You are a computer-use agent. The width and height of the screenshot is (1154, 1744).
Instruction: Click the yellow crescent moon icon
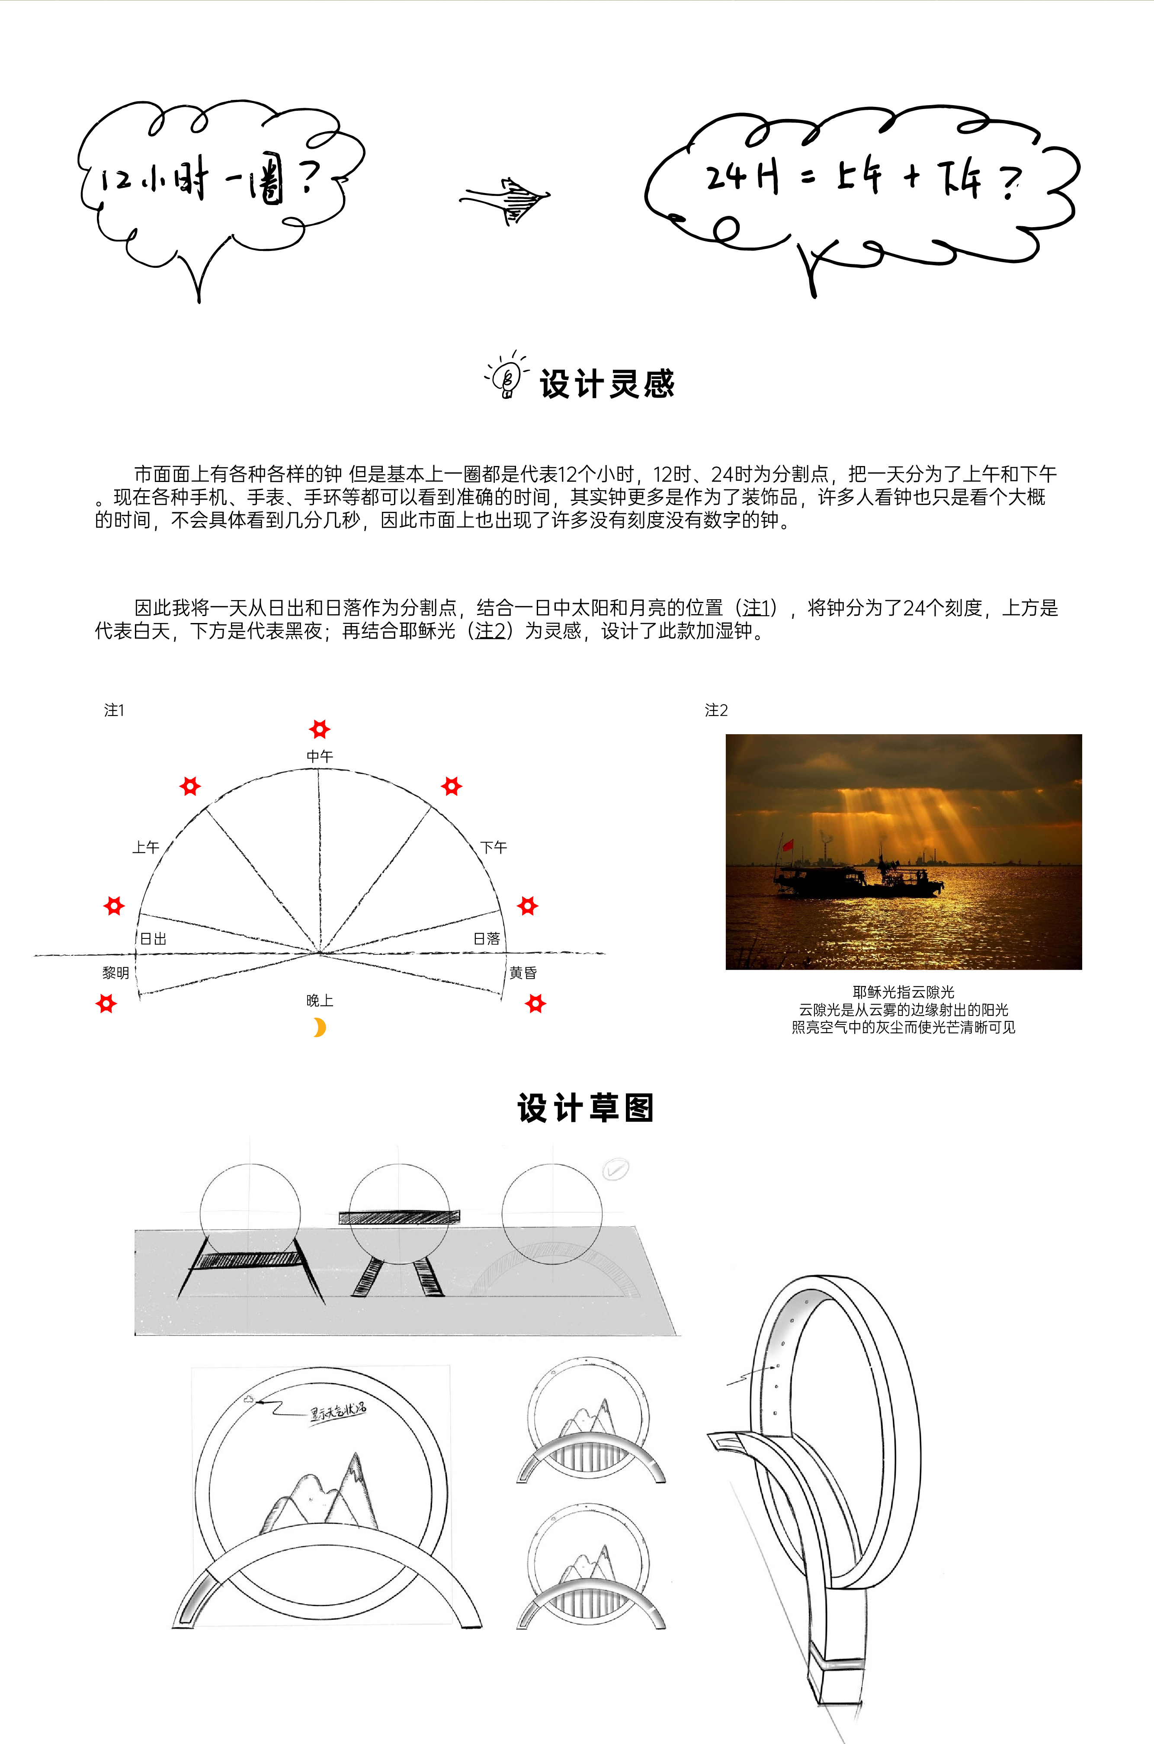pyautogui.click(x=319, y=1027)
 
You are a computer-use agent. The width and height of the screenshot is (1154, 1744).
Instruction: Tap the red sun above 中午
pyautogui.click(x=319, y=729)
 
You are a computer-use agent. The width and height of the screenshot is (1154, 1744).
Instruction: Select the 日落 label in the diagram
pyautogui.click(x=487, y=938)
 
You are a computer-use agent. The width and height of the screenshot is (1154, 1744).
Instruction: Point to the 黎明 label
pyautogui.click(x=115, y=973)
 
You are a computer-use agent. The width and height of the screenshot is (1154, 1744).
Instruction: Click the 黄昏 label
pyautogui.click(x=523, y=973)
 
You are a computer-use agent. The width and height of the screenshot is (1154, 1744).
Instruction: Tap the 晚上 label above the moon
pyautogui.click(x=319, y=1000)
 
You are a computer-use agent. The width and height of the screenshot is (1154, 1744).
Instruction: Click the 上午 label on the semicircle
pyautogui.click(x=146, y=847)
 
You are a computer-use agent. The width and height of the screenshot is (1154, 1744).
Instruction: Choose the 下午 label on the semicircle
pyautogui.click(x=494, y=847)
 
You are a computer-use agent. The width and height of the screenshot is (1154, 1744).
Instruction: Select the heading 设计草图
pyautogui.click(x=586, y=1108)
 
